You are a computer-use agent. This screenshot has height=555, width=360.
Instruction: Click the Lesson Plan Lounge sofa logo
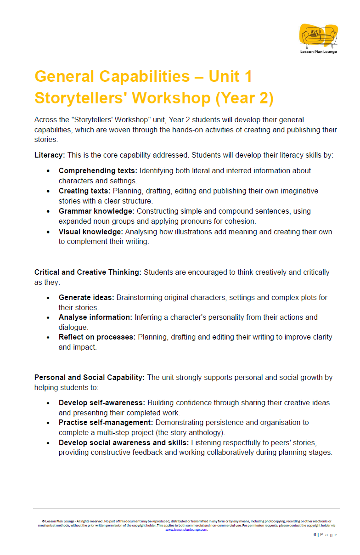tap(319, 36)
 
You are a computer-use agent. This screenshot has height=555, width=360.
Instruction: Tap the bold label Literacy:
tap(50, 155)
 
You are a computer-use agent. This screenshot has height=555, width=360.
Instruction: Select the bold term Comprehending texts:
tap(98, 170)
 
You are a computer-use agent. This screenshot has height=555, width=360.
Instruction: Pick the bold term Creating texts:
tap(84, 191)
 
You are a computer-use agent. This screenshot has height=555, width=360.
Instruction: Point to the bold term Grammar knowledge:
tap(96, 211)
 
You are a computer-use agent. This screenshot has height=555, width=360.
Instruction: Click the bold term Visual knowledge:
tap(90, 232)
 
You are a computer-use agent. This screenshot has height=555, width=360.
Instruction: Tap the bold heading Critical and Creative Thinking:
tap(88, 272)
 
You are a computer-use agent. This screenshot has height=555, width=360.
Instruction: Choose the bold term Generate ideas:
tap(86, 297)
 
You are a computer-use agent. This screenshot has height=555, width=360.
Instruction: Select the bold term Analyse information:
tap(95, 317)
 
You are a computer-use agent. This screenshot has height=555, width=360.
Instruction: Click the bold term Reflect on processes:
tap(97, 337)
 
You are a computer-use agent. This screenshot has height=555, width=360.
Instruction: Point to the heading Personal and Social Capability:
tap(90, 377)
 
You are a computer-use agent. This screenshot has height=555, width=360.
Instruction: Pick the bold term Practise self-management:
tap(106, 422)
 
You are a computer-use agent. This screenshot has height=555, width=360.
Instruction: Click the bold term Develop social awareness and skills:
tap(124, 442)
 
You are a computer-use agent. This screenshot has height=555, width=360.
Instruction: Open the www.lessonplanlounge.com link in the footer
tap(186, 530)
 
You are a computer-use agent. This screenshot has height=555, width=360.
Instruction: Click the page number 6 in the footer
tap(315, 535)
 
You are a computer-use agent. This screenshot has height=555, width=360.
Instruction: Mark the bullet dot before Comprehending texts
tap(48, 171)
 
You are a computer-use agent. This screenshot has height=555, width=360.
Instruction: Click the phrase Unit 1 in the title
tap(230, 76)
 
